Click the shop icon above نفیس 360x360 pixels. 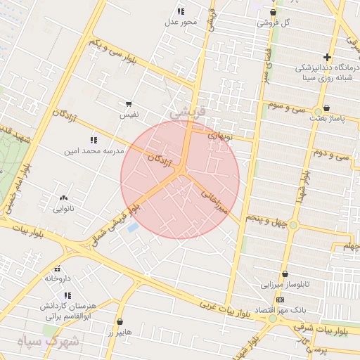pos(128,103)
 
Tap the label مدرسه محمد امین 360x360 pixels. pos(94,150)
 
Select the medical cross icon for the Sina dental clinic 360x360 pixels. pos(327,57)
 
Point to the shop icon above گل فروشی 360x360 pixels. pos(273,12)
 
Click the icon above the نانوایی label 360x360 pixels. pos(64,199)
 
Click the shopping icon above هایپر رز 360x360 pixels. pos(120,322)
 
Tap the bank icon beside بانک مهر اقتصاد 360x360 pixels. pos(280,300)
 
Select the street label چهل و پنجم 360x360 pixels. pos(266,221)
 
